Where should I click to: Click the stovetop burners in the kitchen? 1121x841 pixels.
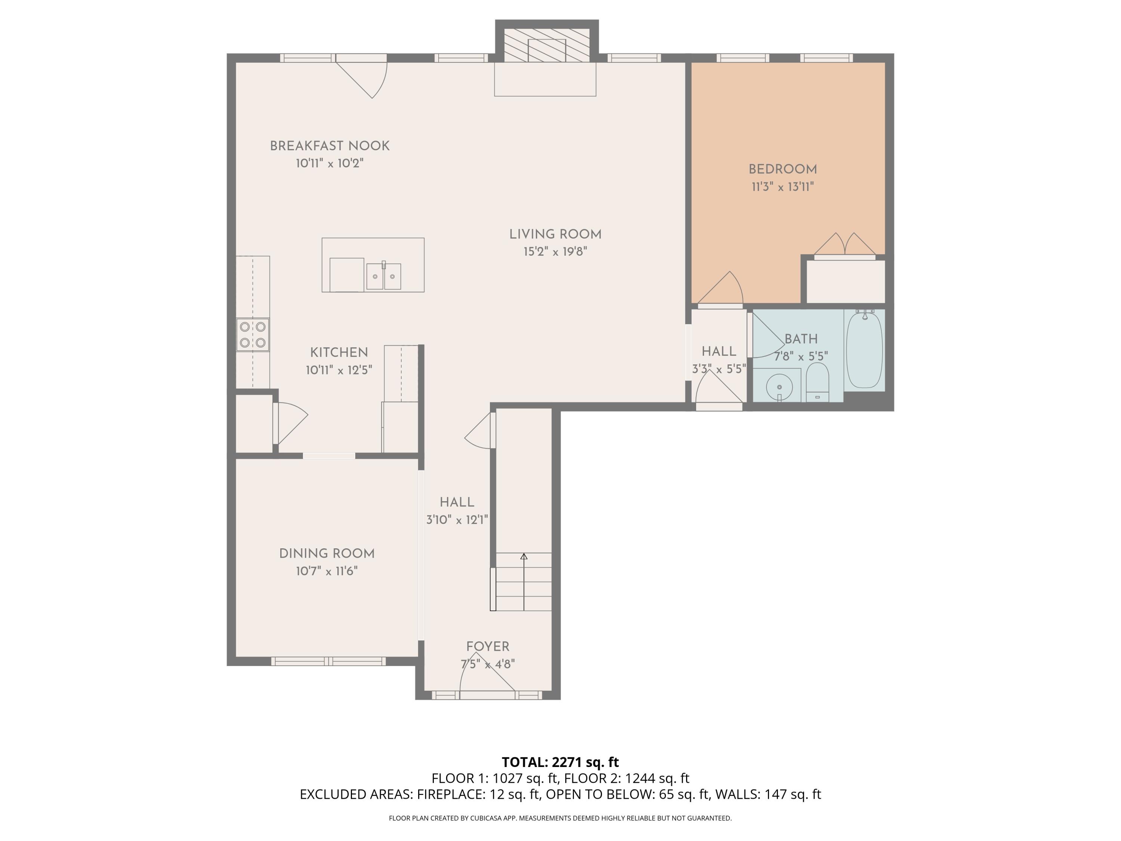point(252,335)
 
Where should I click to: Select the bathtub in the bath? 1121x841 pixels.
point(864,350)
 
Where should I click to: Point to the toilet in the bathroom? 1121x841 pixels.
point(816,383)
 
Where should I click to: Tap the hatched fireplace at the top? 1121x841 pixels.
point(546,44)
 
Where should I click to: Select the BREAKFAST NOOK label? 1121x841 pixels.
point(330,146)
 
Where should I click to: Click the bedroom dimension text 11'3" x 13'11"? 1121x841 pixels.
point(782,187)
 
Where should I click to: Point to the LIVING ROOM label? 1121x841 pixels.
point(555,234)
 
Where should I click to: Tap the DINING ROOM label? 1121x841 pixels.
point(327,554)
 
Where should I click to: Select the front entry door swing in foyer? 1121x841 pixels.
point(487,674)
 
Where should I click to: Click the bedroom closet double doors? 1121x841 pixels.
point(844,246)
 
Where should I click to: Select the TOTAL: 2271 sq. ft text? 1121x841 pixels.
point(560,762)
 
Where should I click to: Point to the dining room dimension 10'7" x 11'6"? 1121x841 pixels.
point(327,571)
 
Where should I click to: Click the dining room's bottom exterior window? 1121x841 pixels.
point(328,661)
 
